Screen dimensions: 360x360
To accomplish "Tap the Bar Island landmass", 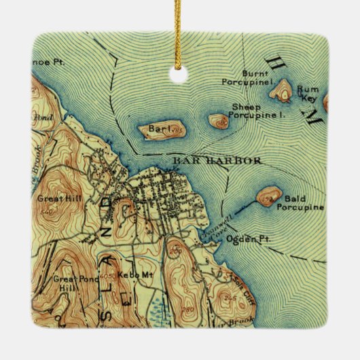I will coord(160,130).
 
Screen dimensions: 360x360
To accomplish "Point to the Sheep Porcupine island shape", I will coord(219,121).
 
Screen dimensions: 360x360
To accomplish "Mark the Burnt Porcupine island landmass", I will coord(281,89).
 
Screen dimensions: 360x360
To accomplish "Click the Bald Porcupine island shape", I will coord(268,196).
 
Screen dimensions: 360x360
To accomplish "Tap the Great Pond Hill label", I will coord(68,283).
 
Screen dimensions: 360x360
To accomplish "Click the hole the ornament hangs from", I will coord(179,75).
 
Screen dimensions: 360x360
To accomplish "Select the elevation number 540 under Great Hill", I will coord(47,212).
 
